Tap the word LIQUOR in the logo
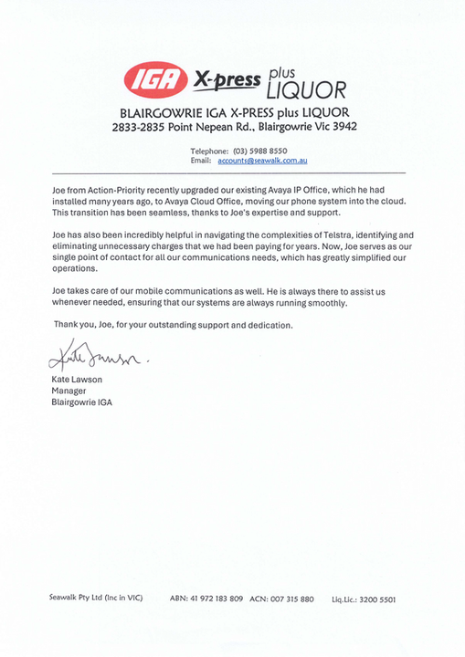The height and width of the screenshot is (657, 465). pos(305,89)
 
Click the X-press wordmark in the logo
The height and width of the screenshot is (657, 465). pos(225,79)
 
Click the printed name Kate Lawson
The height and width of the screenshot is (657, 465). pos(76,379)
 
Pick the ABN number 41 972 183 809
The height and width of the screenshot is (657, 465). pos(218,599)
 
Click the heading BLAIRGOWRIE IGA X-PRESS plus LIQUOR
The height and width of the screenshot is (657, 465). pos(233,111)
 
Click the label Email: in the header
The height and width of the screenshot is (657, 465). pos(201,160)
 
